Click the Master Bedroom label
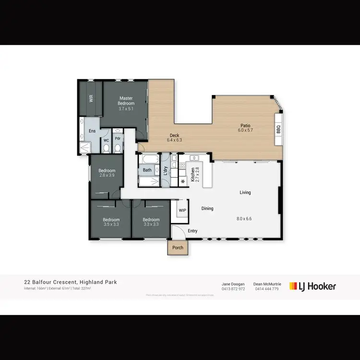(x=127, y=101)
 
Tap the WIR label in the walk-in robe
(x=90, y=99)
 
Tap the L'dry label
(x=165, y=170)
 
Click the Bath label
(x=147, y=170)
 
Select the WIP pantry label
(x=182, y=210)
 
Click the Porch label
(x=178, y=248)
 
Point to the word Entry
(x=192, y=231)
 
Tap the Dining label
(x=207, y=208)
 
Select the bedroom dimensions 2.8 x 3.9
(x=107, y=176)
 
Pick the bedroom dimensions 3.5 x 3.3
(x=111, y=224)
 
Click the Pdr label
(x=117, y=138)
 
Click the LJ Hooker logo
(x=312, y=287)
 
